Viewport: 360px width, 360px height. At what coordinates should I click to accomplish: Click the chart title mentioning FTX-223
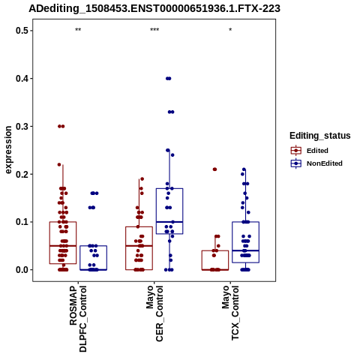154,8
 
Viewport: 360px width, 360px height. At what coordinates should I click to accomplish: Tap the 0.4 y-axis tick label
21,79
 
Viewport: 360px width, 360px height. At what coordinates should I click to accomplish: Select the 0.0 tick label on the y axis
21,270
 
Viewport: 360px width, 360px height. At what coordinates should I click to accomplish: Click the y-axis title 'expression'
8,150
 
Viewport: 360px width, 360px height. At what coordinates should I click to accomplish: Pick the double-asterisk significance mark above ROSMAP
78,30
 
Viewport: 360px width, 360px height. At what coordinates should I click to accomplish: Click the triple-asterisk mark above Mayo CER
154,30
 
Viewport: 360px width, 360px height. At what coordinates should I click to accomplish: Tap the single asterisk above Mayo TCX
230,30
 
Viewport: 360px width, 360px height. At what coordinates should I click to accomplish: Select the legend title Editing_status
320,136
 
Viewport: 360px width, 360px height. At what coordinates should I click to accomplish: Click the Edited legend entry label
317,151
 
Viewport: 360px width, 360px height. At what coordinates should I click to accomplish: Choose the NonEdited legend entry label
325,163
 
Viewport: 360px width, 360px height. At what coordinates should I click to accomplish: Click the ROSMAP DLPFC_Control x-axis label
78,319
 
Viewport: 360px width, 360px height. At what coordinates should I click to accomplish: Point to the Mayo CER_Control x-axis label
154,313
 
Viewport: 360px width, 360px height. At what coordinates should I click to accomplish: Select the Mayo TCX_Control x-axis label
230,313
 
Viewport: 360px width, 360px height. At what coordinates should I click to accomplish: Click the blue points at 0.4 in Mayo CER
169,79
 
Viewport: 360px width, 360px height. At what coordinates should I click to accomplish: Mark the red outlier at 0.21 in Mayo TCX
214,169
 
